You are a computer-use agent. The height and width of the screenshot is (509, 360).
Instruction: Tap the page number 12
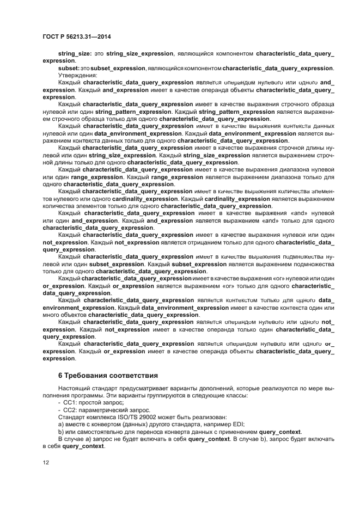pos(46,462)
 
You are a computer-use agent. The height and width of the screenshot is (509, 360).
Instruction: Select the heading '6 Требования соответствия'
pos(108,375)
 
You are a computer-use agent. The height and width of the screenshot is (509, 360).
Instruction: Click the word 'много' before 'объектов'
pos(52,315)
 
